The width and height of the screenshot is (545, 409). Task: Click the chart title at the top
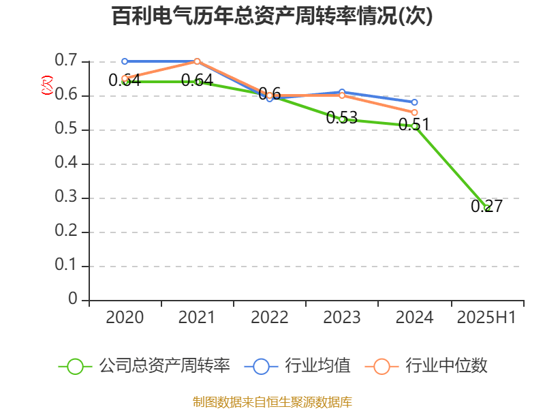pos(272,16)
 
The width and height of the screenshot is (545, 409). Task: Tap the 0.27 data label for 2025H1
pos(486,206)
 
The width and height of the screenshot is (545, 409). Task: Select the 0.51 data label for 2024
pos(414,124)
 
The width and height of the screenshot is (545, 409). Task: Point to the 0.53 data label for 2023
pos(342,117)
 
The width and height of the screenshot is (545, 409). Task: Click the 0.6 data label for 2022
pos(270,93)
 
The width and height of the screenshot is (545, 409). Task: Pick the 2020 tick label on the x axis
pos(125,317)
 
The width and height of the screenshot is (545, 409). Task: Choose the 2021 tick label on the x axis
pos(197,317)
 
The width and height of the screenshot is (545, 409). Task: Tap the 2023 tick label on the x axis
pos(342,317)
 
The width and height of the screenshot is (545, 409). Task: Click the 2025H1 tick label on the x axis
pos(486,317)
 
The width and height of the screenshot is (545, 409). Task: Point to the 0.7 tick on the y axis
pos(67,61)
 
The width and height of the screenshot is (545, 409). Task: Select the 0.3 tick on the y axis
pos(67,198)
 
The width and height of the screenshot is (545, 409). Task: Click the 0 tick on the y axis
pos(73,300)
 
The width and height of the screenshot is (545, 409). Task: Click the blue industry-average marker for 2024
pos(414,102)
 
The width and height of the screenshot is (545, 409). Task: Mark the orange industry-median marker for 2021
pos(197,61)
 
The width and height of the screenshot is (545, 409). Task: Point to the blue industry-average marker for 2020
pos(125,61)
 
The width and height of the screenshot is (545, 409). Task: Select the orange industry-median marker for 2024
pos(414,112)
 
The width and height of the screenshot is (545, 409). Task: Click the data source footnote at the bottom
pos(272,402)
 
